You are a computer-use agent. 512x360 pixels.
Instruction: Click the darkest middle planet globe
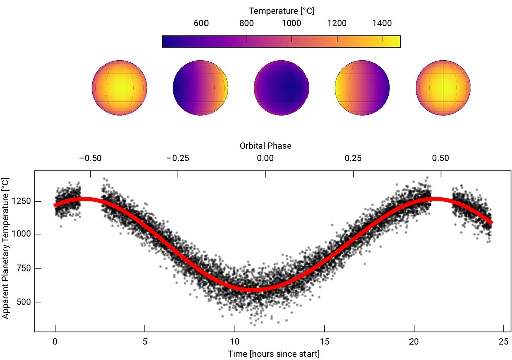281,87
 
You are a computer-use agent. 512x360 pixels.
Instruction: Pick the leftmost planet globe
120,87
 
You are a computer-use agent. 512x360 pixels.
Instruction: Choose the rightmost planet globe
443,87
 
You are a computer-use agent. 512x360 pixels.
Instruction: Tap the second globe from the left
200,87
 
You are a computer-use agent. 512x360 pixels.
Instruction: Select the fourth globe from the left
362,87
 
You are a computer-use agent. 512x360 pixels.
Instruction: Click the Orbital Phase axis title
265,146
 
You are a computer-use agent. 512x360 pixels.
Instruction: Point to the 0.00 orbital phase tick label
265,158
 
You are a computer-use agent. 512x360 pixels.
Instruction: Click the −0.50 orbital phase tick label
90,158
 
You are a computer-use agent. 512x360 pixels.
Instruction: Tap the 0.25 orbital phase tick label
353,158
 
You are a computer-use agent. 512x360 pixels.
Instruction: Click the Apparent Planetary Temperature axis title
6,248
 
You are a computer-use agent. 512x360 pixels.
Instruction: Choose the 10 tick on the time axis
234,341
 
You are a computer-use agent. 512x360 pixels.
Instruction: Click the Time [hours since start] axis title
273,354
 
